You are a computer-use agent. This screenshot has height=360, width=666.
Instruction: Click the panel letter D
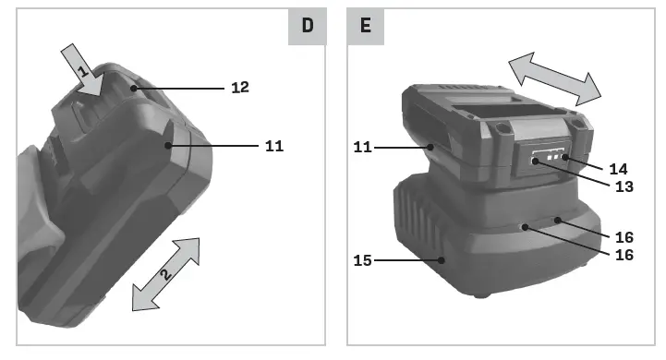[x=308, y=26]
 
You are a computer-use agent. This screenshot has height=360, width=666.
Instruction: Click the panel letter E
[x=365, y=26]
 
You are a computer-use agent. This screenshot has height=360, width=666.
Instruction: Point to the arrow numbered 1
[x=83, y=70]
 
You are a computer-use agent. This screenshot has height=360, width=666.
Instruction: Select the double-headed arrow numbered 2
[x=166, y=274]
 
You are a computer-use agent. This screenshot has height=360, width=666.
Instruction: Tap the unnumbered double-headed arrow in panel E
[x=555, y=79]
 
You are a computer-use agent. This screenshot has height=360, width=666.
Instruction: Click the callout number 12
[x=240, y=88]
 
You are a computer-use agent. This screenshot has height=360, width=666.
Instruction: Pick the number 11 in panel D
[x=274, y=146]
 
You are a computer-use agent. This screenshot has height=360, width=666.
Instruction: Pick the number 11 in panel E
[x=362, y=148]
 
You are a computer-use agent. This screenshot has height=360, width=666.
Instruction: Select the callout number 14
[x=618, y=170]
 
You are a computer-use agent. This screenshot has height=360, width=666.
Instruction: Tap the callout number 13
[x=624, y=186]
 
